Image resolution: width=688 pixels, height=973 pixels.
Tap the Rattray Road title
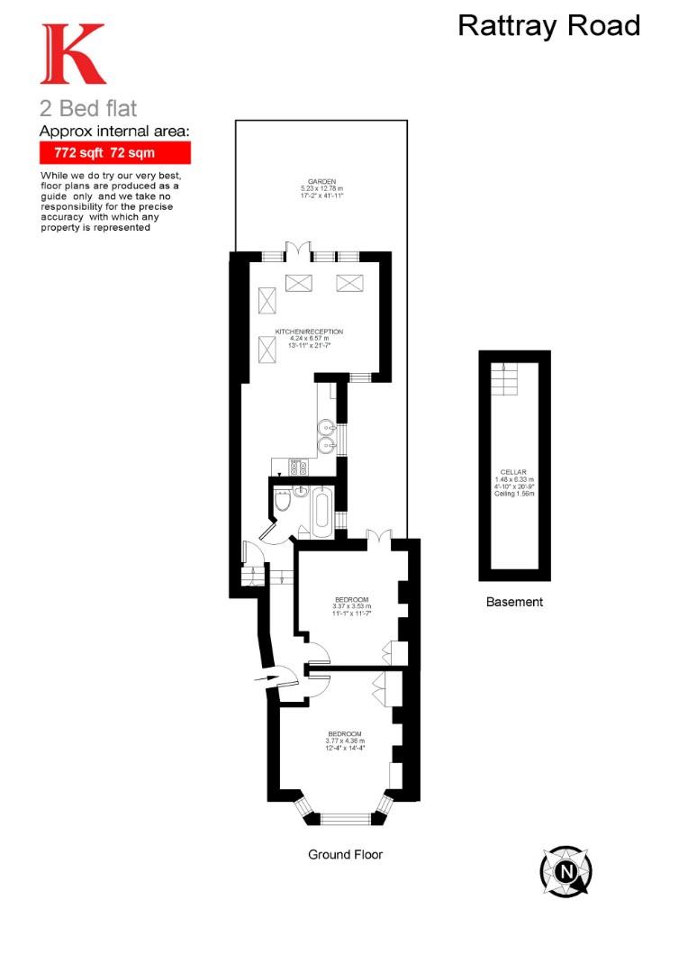[x=548, y=25]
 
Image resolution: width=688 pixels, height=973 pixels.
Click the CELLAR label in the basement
[x=514, y=472]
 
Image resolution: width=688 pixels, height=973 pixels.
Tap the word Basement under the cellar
[x=514, y=602]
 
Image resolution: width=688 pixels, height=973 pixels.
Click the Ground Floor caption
[x=345, y=854]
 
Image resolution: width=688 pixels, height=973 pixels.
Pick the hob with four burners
[x=299, y=468]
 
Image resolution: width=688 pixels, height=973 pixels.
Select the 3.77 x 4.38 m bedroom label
[x=345, y=741]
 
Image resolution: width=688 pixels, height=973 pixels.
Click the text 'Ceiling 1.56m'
[x=514, y=495]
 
